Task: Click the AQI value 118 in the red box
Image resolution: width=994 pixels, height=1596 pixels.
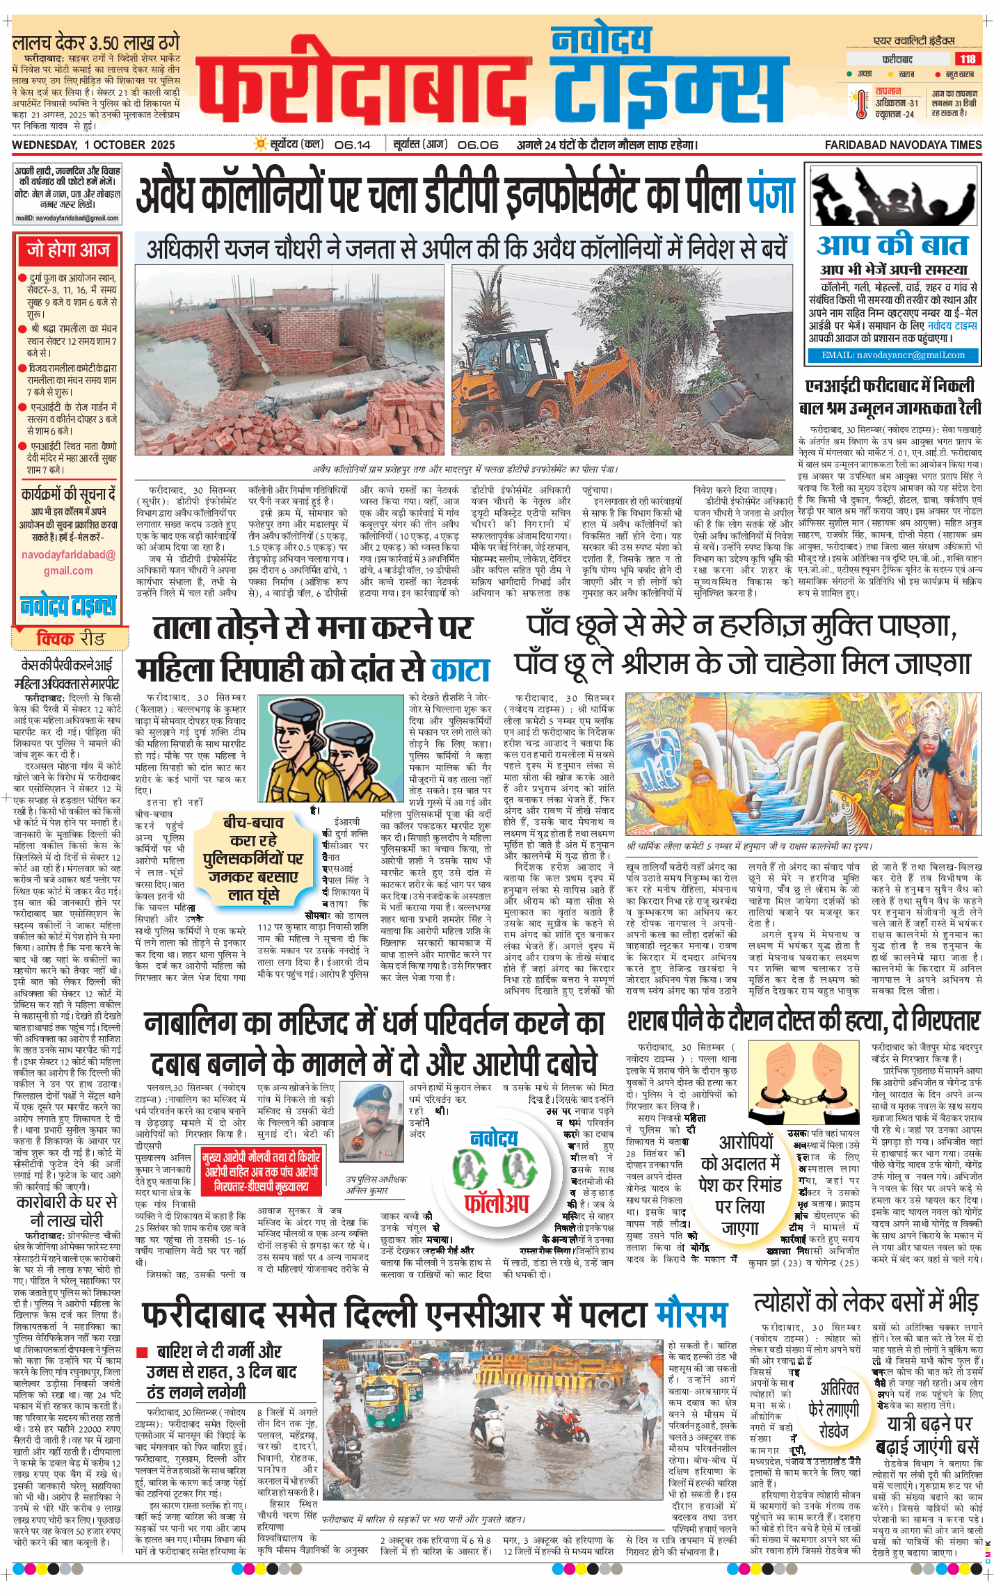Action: click(x=968, y=59)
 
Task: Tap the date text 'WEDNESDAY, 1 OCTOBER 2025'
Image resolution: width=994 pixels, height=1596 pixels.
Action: click(x=93, y=145)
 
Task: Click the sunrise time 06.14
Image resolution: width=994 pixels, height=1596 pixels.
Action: click(x=352, y=145)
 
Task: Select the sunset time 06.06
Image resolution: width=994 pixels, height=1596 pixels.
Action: click(x=478, y=145)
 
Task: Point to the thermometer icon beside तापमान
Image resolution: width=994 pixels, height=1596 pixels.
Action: click(x=863, y=104)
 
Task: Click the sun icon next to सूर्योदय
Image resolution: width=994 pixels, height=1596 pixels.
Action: click(x=261, y=144)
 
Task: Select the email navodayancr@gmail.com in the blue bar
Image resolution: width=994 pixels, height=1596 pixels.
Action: click(x=893, y=355)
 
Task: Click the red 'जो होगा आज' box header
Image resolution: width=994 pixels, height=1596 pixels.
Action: click(x=68, y=250)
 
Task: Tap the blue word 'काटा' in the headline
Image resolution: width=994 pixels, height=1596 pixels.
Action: click(x=460, y=670)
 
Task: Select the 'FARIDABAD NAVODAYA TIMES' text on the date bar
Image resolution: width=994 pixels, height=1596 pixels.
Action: click(x=903, y=145)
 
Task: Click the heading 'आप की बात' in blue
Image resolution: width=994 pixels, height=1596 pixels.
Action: click(x=892, y=245)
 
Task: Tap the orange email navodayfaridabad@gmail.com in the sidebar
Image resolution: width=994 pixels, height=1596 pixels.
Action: click(x=68, y=563)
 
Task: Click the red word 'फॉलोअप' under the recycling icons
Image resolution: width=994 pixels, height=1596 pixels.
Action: click(x=497, y=1202)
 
